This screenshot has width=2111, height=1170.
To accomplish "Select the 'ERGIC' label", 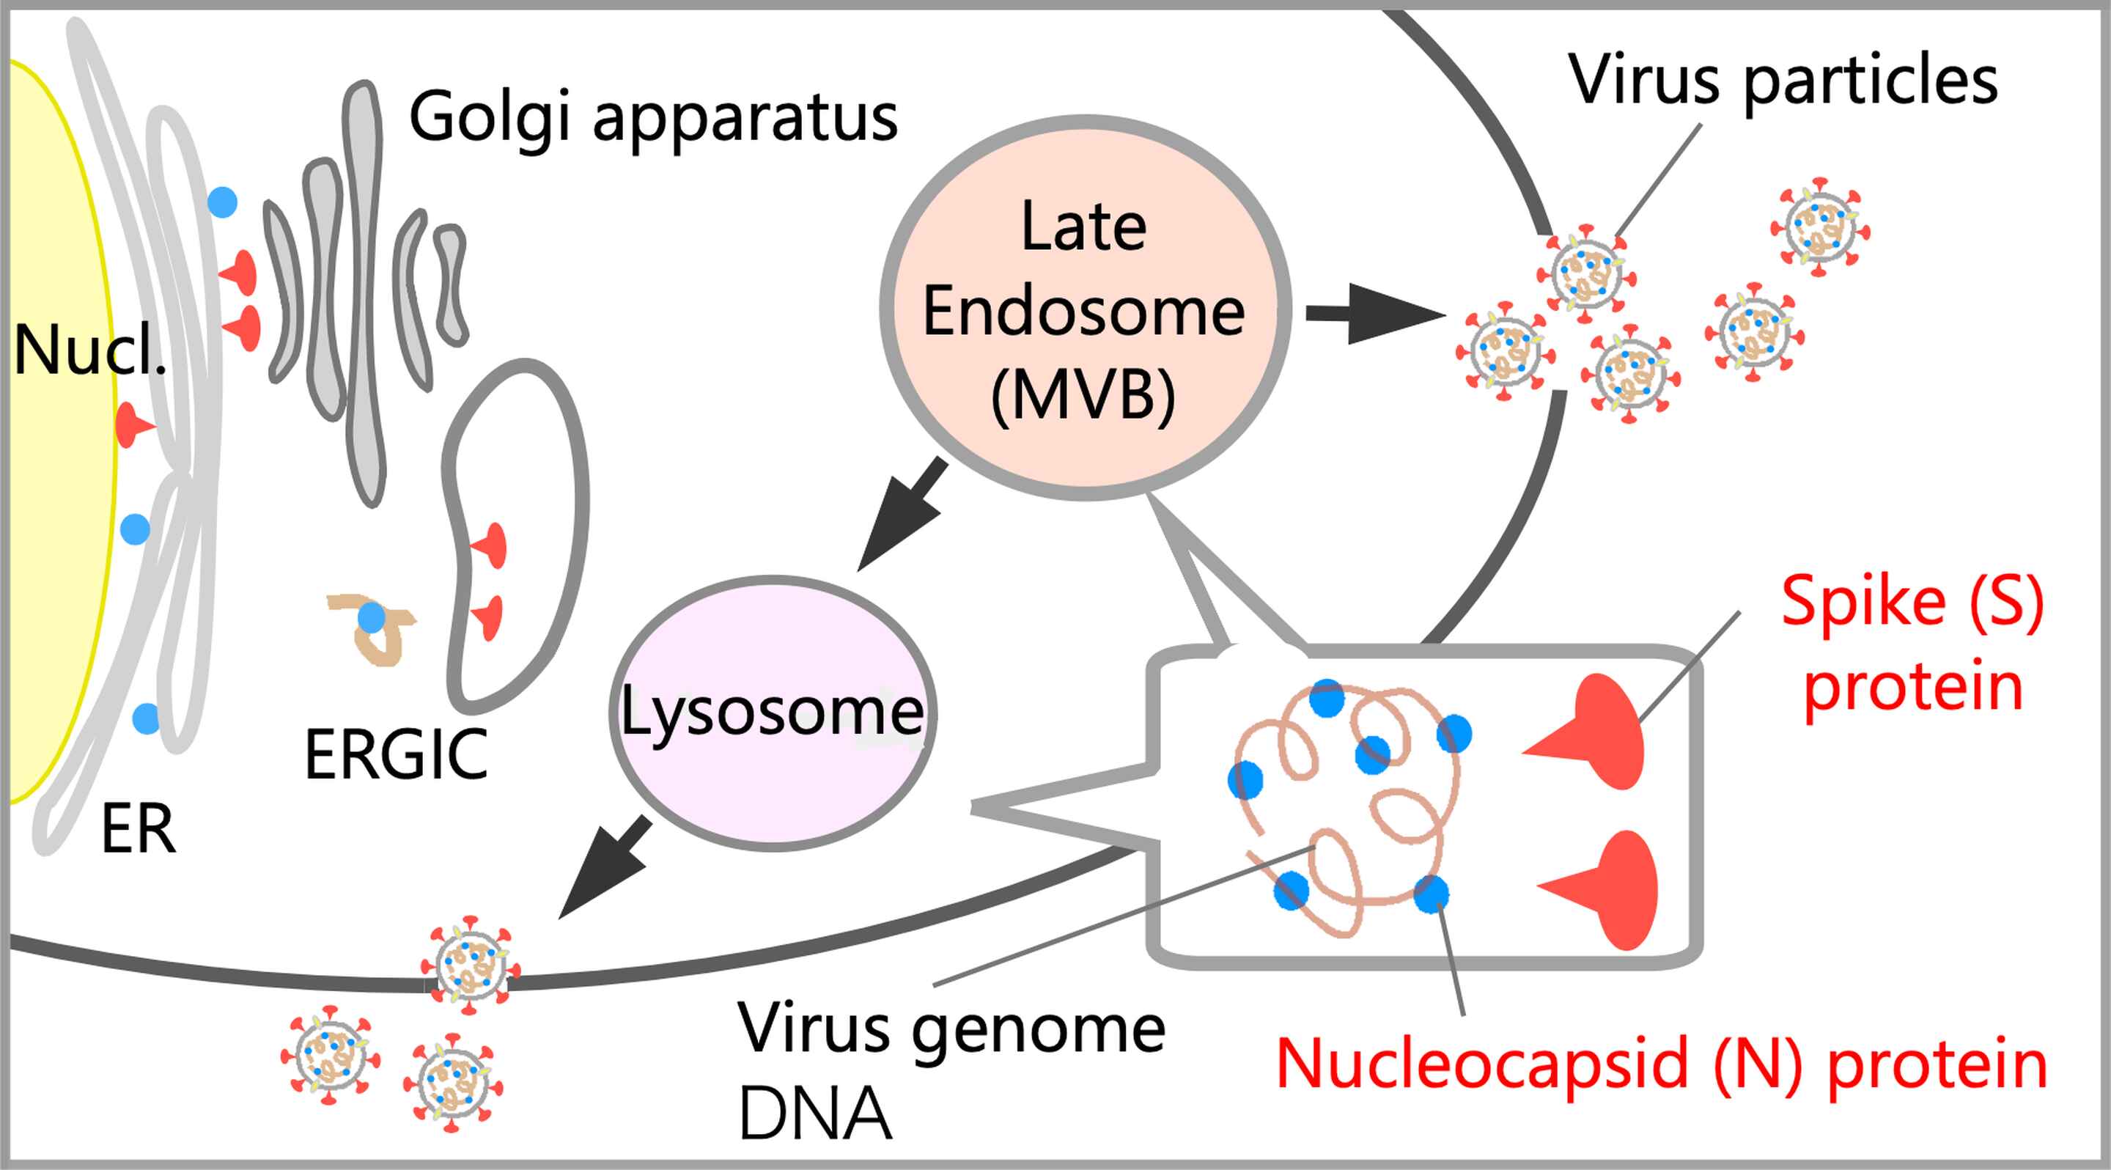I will click(396, 755).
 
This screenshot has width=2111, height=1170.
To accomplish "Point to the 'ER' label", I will click(138, 830).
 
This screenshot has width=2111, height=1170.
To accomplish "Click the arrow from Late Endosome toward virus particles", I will click(1374, 314).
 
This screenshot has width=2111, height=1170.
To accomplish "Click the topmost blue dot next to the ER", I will click(222, 202).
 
